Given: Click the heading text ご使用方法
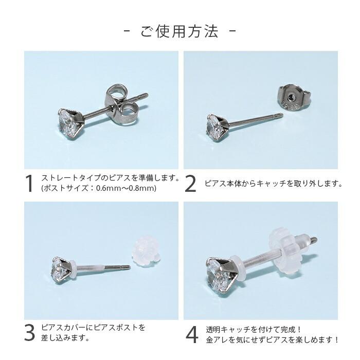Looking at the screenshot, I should coord(179,32).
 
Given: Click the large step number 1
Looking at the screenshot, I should coord(30,184).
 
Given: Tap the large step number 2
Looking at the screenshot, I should coord(190,184).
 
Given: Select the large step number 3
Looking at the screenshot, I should coord(30,333).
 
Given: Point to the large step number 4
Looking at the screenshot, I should coord(191,334).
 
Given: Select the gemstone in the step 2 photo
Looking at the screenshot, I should coord(216,125).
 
